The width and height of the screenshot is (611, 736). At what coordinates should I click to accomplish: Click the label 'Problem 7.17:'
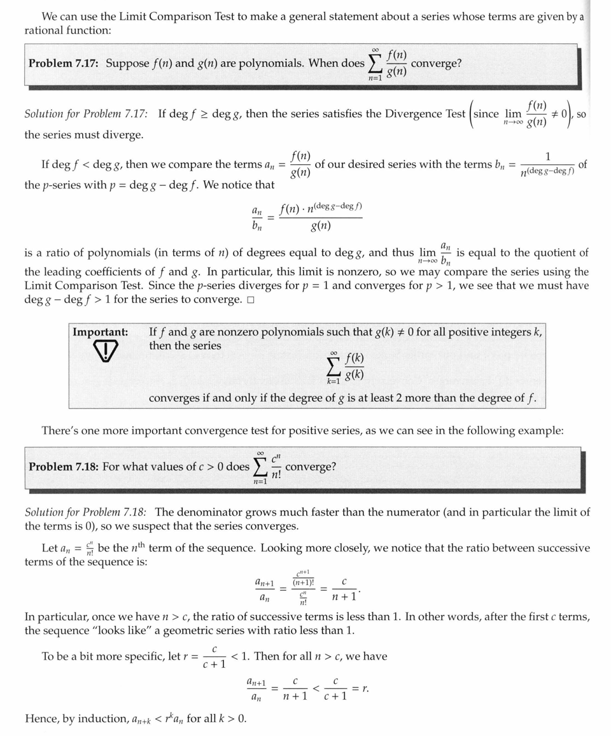(x=64, y=64)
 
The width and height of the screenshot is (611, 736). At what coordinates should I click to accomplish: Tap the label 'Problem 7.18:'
(x=63, y=467)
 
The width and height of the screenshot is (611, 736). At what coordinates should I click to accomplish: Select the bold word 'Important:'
(x=100, y=332)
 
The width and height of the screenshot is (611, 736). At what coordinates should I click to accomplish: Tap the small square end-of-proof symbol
(x=251, y=301)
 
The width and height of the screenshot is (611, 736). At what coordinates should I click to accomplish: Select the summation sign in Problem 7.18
(x=260, y=467)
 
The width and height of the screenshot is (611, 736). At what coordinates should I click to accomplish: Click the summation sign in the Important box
(x=334, y=367)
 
